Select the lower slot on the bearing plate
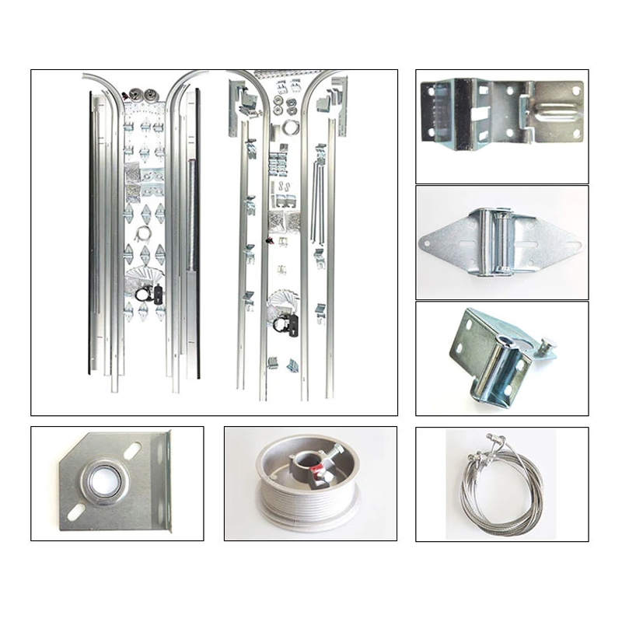[76, 512]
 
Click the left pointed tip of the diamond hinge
[422, 243]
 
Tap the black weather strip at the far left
[90, 233]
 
